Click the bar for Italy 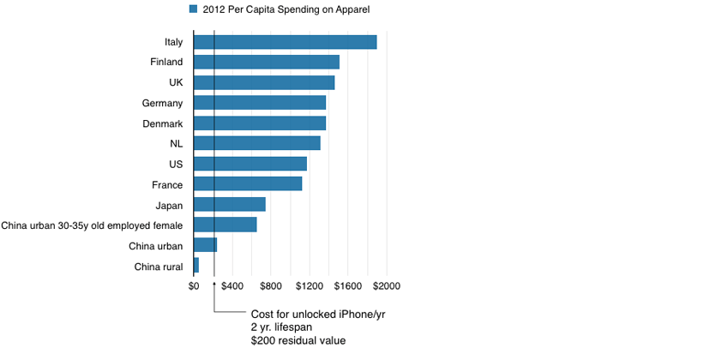pyautogui.click(x=286, y=42)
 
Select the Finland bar pyautogui.click(x=267, y=62)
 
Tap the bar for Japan pyautogui.click(x=230, y=204)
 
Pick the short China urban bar pyautogui.click(x=206, y=244)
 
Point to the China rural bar pyautogui.click(x=196, y=265)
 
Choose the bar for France pyautogui.click(x=248, y=183)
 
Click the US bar pyautogui.click(x=250, y=164)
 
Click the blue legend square pyautogui.click(x=194, y=9)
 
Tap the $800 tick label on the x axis pyautogui.click(x=271, y=285)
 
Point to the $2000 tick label pyautogui.click(x=387, y=285)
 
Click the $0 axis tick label pyautogui.click(x=194, y=285)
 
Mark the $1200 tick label pyautogui.click(x=310, y=285)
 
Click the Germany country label pyautogui.click(x=163, y=103)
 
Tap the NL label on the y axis pyautogui.click(x=176, y=143)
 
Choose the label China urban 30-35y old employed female pyautogui.click(x=92, y=225)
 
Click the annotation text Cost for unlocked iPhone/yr pyautogui.click(x=317, y=314)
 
